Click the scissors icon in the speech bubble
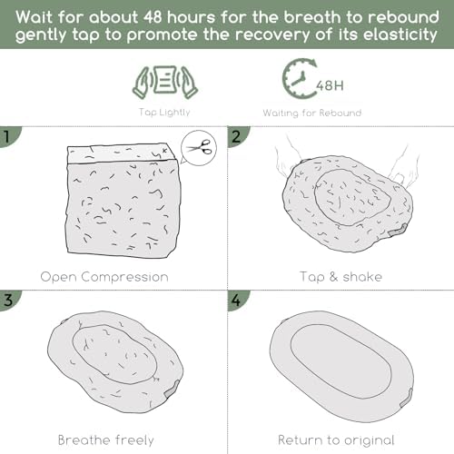pyautogui.click(x=198, y=147)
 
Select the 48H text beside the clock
pyautogui.click(x=330, y=85)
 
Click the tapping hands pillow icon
pyautogui.click(x=165, y=83)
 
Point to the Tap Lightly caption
pyautogui.click(x=164, y=113)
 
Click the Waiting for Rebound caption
pyautogui.click(x=312, y=113)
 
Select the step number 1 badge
pyautogui.click(x=8, y=136)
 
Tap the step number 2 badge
pyautogui.click(x=237, y=136)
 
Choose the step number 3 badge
pyautogui.click(x=8, y=300)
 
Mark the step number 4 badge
pyautogui.click(x=237, y=300)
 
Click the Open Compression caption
pyautogui.click(x=104, y=277)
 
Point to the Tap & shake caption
pyautogui.click(x=340, y=277)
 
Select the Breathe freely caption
pyautogui.click(x=106, y=440)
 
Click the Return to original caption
pyautogui.click(x=336, y=440)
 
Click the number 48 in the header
pyautogui.click(x=153, y=17)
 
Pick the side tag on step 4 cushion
pyautogui.click(x=406, y=398)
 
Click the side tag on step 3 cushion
pyautogui.click(x=172, y=390)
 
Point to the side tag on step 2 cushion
pyautogui.click(x=398, y=230)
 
